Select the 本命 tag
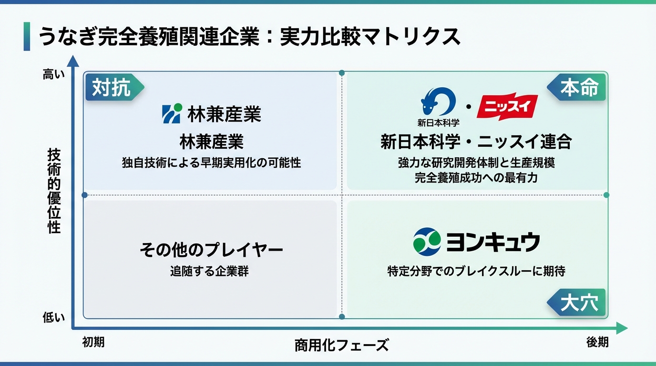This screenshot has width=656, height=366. [x=578, y=88]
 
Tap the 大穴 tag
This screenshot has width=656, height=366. [x=578, y=303]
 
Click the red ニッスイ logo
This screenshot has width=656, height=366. [x=507, y=107]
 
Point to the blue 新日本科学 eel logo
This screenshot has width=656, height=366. [x=438, y=102]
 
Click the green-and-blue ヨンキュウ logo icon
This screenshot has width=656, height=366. [x=427, y=241]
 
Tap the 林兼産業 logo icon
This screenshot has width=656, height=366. [x=172, y=114]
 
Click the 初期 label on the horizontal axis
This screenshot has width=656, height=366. [x=93, y=342]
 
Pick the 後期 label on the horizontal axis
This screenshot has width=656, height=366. [x=597, y=342]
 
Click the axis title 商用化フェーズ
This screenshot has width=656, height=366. [x=341, y=345]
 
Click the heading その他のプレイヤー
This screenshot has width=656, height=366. [x=211, y=250]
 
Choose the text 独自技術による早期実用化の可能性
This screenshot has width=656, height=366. [x=211, y=163]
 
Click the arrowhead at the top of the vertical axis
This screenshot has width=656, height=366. [x=72, y=61]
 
